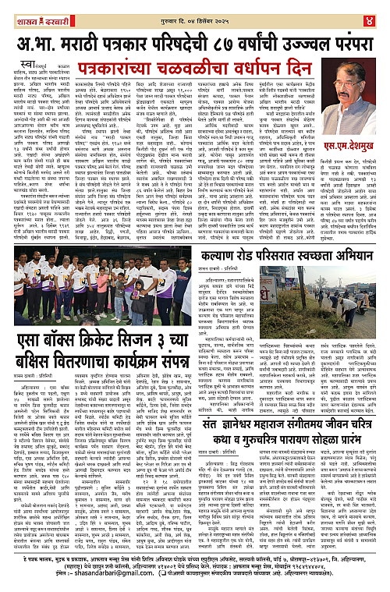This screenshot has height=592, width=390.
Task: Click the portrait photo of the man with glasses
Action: point(353,98)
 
